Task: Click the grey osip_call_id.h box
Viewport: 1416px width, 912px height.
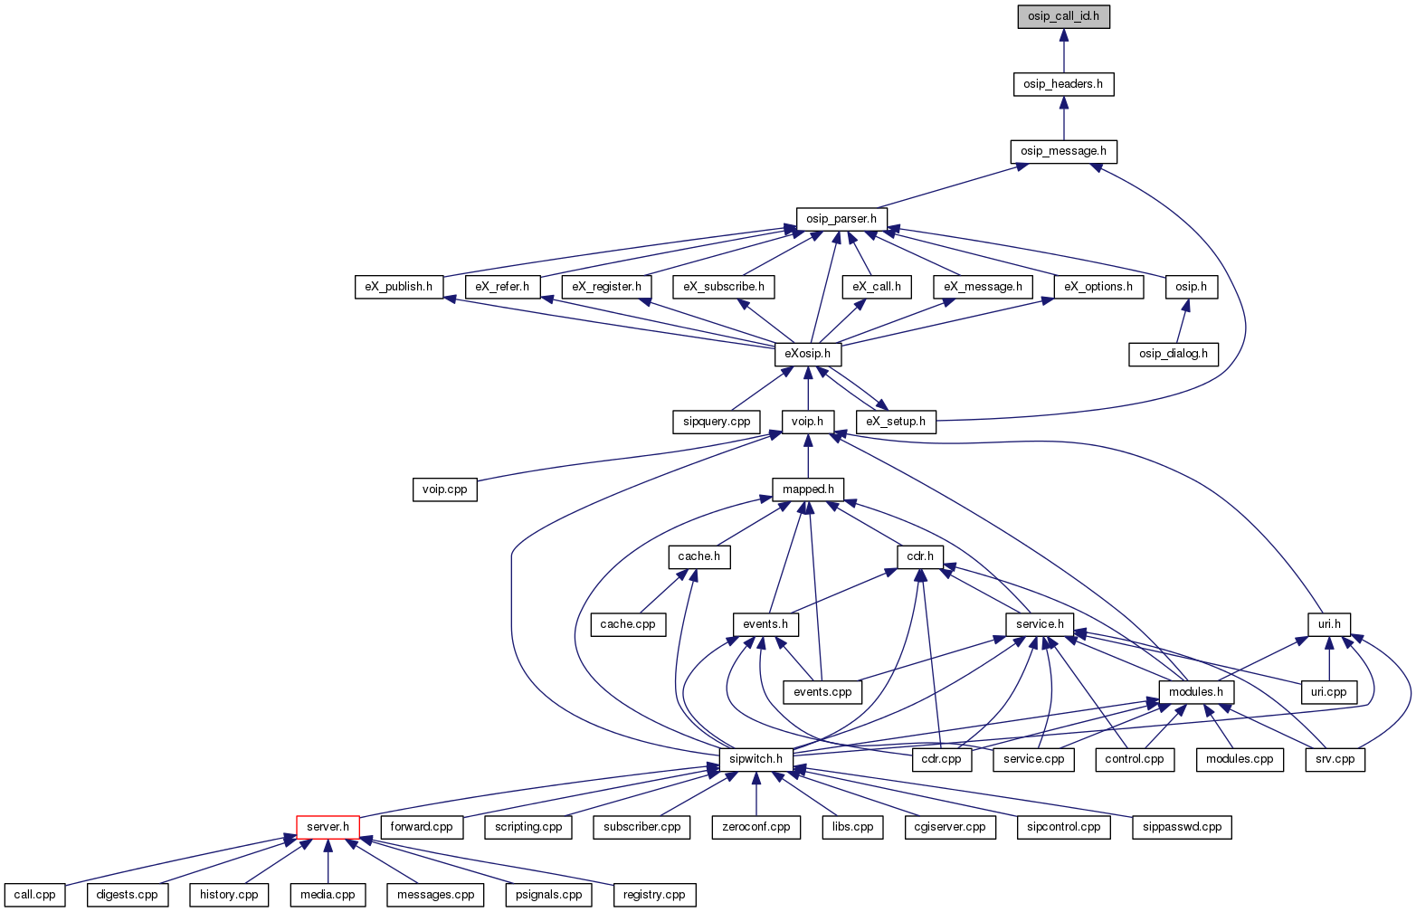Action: point(1063,16)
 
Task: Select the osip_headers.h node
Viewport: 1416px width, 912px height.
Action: point(1063,84)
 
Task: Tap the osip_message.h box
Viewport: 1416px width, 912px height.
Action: point(1063,151)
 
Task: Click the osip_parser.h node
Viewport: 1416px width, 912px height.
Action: point(841,219)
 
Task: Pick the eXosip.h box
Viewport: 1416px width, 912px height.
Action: point(808,353)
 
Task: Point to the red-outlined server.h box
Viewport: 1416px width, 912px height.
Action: point(328,827)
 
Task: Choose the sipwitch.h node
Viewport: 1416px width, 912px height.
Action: point(756,759)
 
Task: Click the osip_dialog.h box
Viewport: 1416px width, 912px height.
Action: point(1174,353)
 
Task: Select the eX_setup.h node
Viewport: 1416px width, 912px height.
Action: point(896,422)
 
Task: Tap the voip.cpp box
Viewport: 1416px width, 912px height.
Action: point(444,489)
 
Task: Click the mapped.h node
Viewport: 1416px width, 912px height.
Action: point(808,489)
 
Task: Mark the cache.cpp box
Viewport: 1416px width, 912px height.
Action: point(628,624)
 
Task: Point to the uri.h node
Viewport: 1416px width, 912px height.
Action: point(1329,624)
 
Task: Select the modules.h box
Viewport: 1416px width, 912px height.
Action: point(1196,692)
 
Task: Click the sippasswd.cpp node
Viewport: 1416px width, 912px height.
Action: point(1182,827)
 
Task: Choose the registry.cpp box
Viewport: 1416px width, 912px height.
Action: point(654,895)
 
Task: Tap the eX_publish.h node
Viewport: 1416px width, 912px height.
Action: point(399,287)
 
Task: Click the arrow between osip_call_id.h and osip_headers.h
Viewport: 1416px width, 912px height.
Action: point(1063,51)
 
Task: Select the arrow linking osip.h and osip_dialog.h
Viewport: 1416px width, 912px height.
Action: point(1181,320)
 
